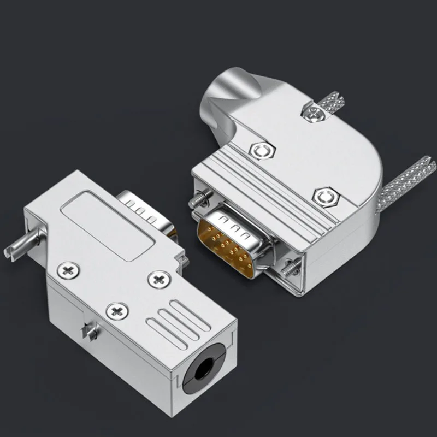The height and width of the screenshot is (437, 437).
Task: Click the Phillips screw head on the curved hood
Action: pyautogui.click(x=314, y=115)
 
